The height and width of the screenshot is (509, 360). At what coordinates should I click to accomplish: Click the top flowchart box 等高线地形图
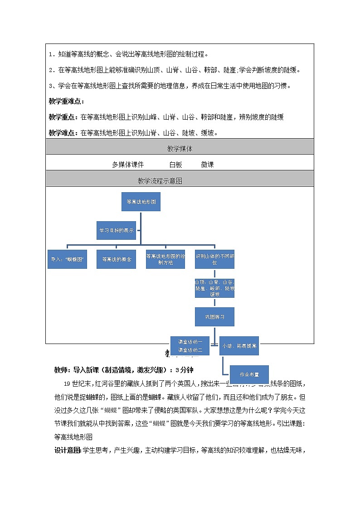141,202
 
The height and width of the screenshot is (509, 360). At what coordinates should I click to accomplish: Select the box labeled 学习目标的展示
117,230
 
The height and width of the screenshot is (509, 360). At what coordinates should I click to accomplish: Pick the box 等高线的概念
117,259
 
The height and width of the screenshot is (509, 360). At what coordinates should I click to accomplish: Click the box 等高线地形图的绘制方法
165,259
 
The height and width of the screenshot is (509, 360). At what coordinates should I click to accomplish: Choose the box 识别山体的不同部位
214,259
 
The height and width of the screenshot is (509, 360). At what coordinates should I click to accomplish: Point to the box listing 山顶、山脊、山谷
214,288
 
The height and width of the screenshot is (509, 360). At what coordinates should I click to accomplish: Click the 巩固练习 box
214,316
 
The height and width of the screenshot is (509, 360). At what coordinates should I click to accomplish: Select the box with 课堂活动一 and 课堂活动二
190,345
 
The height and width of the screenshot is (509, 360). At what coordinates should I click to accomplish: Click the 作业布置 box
249,374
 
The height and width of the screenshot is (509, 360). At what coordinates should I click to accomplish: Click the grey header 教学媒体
180,149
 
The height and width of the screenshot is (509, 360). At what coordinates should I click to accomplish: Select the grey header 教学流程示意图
160,180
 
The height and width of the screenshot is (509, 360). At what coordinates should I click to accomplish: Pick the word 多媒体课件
128,165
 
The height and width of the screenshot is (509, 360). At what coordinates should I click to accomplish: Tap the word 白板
175,165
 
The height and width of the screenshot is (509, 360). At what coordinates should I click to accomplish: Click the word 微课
207,165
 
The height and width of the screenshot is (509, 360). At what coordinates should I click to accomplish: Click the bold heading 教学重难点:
66,101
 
